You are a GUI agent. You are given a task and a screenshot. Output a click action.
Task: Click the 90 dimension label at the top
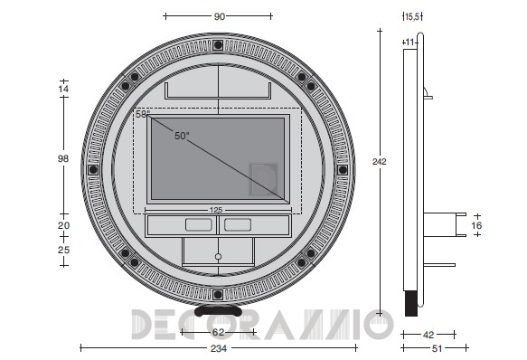pyautogui.click(x=219, y=16)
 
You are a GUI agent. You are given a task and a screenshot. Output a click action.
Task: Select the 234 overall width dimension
pyautogui.click(x=219, y=348)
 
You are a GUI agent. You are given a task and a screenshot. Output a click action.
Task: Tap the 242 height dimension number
pyautogui.click(x=379, y=162)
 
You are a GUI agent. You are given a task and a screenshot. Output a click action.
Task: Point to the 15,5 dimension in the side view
pyautogui.click(x=412, y=17)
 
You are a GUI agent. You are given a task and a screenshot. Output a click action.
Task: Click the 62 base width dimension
pyautogui.click(x=218, y=332)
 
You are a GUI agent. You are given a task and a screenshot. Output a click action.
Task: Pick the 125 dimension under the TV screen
pyautogui.click(x=216, y=210)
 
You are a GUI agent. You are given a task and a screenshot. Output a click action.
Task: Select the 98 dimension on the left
pyautogui.click(x=63, y=158)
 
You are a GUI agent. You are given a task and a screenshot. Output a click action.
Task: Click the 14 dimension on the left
pyautogui.click(x=63, y=89)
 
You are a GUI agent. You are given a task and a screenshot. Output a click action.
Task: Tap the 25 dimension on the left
pyautogui.click(x=63, y=250)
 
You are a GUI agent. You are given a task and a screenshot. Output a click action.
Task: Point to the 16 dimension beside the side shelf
pyautogui.click(x=476, y=225)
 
